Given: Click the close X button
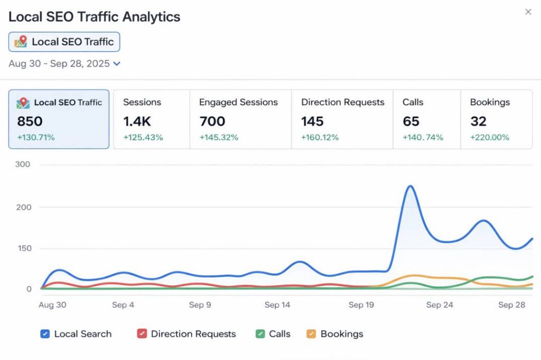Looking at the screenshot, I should coord(528,12).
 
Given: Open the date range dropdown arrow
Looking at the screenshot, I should coord(117,64).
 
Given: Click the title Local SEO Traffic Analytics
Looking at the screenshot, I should coord(95,16).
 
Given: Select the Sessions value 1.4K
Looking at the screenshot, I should coord(137,121).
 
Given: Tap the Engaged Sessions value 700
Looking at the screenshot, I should coord(212,121).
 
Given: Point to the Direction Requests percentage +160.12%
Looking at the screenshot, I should coord(320,137).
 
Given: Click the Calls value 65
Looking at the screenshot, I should coord(411,121).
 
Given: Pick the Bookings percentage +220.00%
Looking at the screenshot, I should coord(489,137).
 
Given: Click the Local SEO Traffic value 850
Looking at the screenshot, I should coord(30,121).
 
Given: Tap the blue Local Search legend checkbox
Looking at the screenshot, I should coord(45,334).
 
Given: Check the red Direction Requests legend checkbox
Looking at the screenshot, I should coord(142,334).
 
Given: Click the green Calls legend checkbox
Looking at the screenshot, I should coord(260,334).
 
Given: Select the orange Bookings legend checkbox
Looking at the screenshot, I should coord(311,334).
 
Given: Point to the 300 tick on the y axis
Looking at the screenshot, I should coord(23,164).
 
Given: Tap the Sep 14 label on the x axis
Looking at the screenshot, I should coord(277,305).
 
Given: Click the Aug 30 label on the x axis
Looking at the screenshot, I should coord(52,305).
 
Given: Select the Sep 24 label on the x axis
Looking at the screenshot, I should coord(440,305).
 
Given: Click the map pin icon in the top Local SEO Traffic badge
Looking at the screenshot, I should coord(21,42).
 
